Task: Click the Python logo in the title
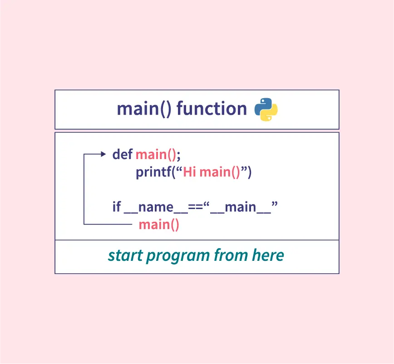[x=266, y=110]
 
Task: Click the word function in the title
[x=212, y=109]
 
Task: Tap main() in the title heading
[x=144, y=110]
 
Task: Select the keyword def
[x=123, y=154]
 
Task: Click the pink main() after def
[x=156, y=155]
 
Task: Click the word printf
[x=154, y=172]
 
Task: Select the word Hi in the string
[x=189, y=172]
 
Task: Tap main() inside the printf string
[x=220, y=173]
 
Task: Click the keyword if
[x=117, y=206]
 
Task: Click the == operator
[x=196, y=208]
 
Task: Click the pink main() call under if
[x=159, y=224]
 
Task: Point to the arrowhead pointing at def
[x=103, y=154]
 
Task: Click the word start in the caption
[x=125, y=255]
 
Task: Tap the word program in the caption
[x=178, y=257]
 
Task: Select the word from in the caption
[x=231, y=255]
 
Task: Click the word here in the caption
[x=268, y=255]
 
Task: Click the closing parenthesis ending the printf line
[x=249, y=173]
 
